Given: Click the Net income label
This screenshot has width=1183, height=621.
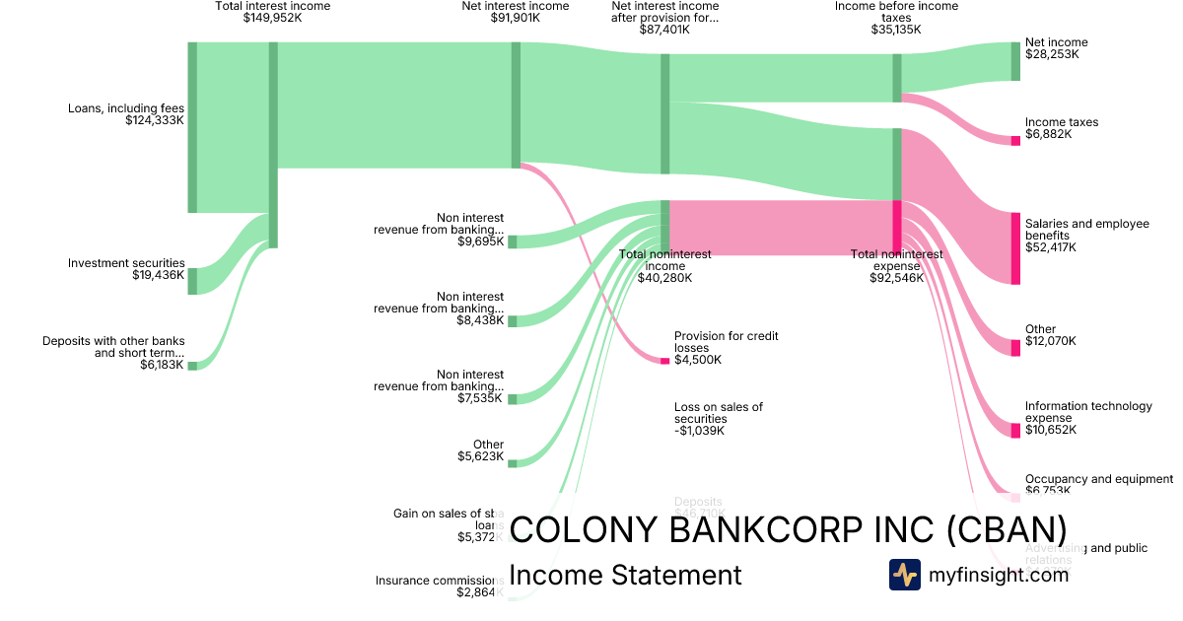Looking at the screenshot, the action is pos(1056,42).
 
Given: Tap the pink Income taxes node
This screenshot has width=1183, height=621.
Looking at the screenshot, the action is pos(1015,141).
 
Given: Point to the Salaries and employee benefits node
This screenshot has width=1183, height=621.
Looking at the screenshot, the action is pos(1015,248).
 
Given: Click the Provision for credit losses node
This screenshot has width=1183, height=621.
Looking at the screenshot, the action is pos(664,361).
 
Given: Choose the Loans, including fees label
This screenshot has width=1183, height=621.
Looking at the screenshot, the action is pos(125,108).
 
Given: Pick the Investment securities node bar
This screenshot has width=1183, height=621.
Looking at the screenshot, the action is pos(192,281).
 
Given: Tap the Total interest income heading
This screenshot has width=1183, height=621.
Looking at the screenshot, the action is pos(273,6).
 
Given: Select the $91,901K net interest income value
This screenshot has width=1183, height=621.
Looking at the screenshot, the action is pos(515,18).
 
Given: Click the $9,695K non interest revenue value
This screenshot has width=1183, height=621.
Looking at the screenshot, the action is pos(480,241).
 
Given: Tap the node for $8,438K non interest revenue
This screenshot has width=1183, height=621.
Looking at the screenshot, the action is pos(512,320).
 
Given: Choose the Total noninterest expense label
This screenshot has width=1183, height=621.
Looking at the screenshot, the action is pos(896,260).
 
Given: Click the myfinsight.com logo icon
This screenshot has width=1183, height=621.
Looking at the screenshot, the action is pos(904,575).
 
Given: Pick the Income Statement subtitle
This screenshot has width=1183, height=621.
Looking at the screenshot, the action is pos(625,575).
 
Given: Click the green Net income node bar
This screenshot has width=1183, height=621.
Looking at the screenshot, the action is pos(1015,61).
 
